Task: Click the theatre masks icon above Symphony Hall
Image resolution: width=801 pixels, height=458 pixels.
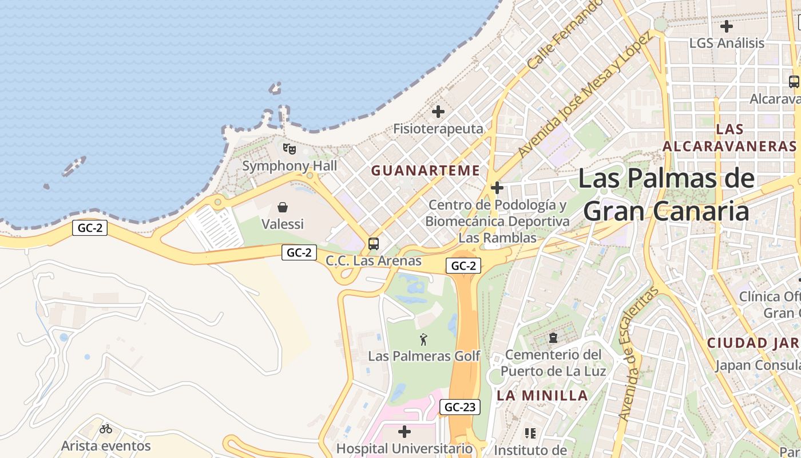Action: [290, 149]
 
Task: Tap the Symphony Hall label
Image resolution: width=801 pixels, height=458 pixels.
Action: [290, 166]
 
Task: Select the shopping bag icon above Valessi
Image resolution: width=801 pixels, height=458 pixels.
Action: [283, 207]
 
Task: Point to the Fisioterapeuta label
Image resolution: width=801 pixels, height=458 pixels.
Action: [438, 129]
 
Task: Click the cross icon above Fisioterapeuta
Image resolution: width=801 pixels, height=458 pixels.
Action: [438, 112]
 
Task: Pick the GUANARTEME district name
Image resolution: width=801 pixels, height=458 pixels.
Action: [425, 171]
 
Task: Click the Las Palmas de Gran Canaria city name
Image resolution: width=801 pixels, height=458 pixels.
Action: [667, 195]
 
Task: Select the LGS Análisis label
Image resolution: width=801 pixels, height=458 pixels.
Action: [727, 43]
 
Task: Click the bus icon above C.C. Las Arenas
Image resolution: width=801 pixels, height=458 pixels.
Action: [374, 244]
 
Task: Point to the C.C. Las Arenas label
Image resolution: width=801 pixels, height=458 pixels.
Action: [374, 261]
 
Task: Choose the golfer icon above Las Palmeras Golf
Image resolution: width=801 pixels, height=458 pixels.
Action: [423, 339]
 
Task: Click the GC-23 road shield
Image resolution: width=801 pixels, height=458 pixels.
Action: [460, 407]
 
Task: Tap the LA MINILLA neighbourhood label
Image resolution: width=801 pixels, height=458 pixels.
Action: [542, 395]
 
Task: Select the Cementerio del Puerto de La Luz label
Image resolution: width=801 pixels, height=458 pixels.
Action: [553, 363]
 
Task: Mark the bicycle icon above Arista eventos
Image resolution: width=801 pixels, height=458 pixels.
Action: [106, 428]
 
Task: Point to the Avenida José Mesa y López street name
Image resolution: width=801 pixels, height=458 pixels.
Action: [585, 94]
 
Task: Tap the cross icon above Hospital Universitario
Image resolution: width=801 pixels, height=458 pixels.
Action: [405, 431]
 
